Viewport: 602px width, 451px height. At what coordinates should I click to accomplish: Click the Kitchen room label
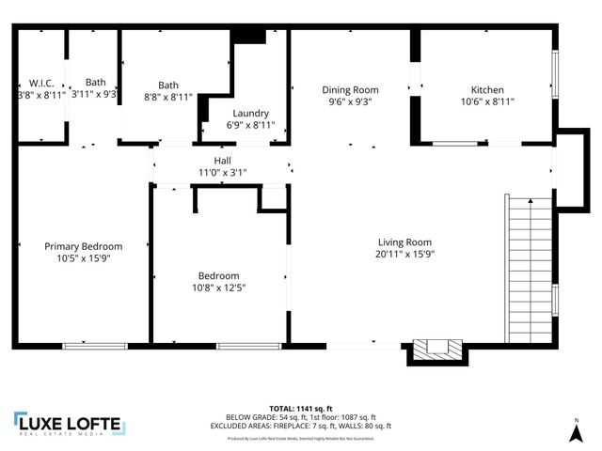(x=486, y=90)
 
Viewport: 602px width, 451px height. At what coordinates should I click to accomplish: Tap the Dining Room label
(x=348, y=90)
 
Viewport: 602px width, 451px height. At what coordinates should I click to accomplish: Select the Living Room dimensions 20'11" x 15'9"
(x=405, y=253)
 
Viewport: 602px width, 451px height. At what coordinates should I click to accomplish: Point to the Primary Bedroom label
(x=84, y=246)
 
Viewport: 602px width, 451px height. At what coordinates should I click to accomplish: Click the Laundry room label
(x=250, y=113)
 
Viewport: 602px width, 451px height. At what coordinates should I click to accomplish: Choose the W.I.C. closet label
(x=40, y=83)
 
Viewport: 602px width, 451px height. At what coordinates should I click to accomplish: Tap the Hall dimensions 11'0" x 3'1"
(x=223, y=172)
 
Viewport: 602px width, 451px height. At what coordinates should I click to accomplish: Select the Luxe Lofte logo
(x=69, y=424)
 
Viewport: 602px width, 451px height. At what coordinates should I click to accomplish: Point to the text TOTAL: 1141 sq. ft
(x=301, y=409)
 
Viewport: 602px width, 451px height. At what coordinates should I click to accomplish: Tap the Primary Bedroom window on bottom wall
(x=95, y=346)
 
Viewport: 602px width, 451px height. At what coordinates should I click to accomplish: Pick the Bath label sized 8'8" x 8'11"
(x=167, y=84)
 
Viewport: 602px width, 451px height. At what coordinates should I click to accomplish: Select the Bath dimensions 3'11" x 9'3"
(x=94, y=94)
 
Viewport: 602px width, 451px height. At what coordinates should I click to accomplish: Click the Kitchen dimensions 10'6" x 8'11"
(x=486, y=101)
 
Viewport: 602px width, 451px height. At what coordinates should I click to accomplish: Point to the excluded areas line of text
(x=301, y=426)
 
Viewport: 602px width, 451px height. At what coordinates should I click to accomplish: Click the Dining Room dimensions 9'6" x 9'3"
(x=348, y=102)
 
